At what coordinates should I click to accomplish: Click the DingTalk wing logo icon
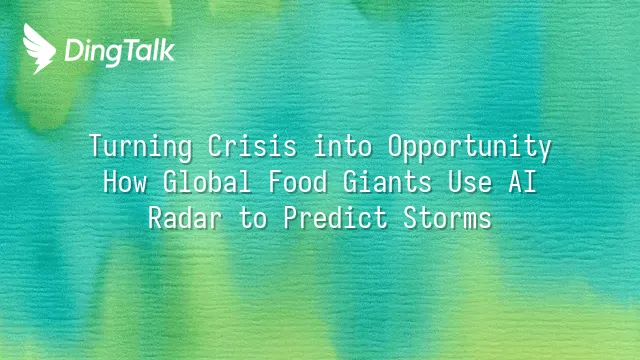click(39, 49)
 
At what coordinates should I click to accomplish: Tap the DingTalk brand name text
click(120, 52)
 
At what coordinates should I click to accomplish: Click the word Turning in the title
click(141, 147)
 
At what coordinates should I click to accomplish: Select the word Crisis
click(252, 146)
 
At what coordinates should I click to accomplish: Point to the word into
click(343, 146)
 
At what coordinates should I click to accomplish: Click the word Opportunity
click(470, 147)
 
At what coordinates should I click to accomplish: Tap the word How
click(125, 182)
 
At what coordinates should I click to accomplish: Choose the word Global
click(207, 181)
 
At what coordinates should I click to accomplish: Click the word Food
click(298, 181)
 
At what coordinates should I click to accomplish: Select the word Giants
click(387, 181)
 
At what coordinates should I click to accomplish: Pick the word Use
click(470, 182)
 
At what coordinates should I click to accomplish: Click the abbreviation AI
click(522, 182)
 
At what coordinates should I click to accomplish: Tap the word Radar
click(185, 217)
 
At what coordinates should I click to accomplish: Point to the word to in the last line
click(253, 218)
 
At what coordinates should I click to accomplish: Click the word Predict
click(336, 217)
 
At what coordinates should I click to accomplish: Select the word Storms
click(447, 218)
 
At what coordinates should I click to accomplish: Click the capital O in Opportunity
click(395, 146)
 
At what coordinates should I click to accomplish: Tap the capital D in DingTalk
click(73, 51)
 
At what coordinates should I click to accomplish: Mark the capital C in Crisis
click(215, 146)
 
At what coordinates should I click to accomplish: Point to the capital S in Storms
click(410, 218)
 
